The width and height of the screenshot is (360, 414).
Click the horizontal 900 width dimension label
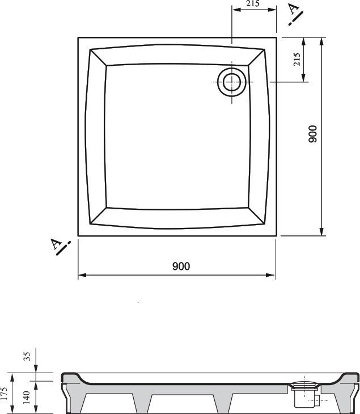pos(181,266)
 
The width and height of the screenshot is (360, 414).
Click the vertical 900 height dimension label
pos(313,134)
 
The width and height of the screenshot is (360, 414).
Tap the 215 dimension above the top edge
pos(253,3)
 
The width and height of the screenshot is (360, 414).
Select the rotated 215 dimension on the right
pos(297,59)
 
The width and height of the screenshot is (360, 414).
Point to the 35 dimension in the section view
pos(27,356)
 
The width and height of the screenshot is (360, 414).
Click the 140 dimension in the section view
pos(27,398)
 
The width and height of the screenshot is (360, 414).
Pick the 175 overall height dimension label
pos(4,394)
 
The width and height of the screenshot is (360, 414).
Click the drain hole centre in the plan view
pos(232,82)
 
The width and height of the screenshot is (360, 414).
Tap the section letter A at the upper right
pos(293,9)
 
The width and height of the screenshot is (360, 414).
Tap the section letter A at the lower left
pos(56,244)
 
